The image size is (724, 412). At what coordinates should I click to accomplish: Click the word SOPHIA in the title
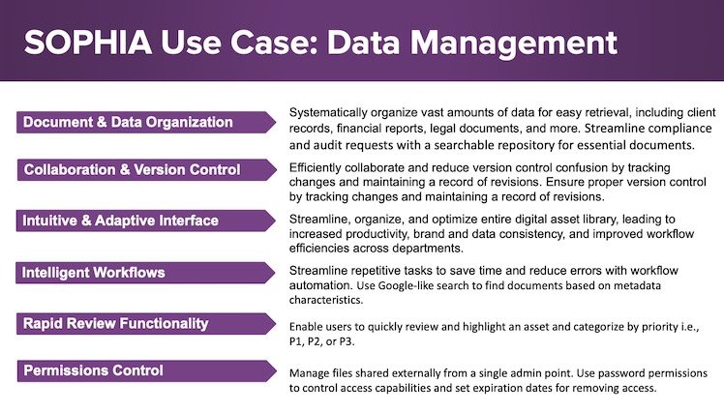click(x=88, y=43)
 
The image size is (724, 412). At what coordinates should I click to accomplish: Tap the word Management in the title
click(x=513, y=44)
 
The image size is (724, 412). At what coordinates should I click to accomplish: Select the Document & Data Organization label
click(x=128, y=122)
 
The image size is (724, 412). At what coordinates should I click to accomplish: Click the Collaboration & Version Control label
click(x=132, y=170)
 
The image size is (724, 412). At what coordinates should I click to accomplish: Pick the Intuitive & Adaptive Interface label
click(x=121, y=221)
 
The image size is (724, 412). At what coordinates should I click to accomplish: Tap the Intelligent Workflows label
click(x=93, y=273)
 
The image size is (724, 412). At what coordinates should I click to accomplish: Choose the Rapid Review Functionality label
click(x=116, y=323)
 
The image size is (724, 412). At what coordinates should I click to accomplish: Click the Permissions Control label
click(x=93, y=370)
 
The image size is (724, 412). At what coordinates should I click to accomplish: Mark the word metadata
click(x=637, y=285)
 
